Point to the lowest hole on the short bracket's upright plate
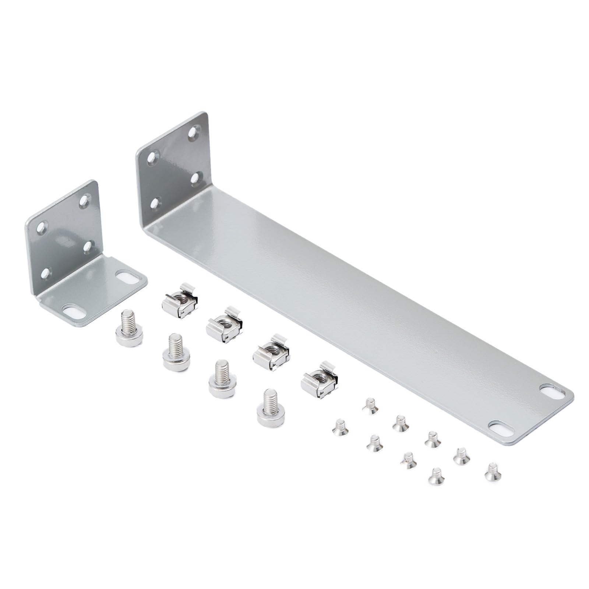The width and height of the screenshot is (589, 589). (47, 272)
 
